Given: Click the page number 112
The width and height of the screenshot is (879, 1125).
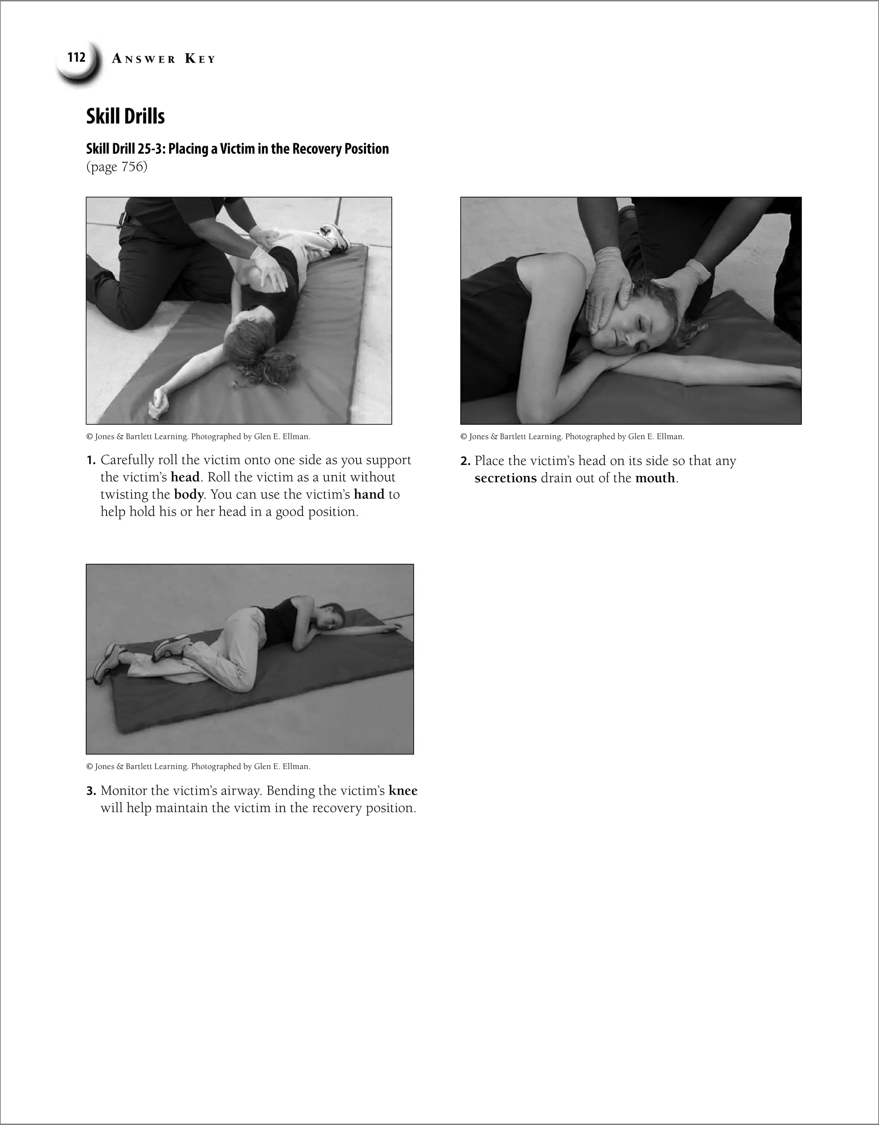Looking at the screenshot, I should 76,57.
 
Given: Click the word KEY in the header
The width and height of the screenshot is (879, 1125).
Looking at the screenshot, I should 200,59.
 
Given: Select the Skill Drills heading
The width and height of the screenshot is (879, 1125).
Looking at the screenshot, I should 125,116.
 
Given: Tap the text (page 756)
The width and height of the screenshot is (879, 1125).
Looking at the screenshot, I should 116,167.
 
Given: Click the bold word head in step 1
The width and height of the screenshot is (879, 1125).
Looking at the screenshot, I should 185,477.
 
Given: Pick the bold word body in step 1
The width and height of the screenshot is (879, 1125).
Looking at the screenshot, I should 188,495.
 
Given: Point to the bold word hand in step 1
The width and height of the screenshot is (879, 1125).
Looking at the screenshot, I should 369,495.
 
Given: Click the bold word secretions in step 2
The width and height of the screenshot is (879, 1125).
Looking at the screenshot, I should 505,478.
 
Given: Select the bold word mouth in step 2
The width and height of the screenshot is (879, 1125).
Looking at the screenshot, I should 655,478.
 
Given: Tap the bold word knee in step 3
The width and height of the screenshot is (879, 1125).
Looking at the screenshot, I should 403,791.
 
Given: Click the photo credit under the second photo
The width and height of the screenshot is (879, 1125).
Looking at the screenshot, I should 572,437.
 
